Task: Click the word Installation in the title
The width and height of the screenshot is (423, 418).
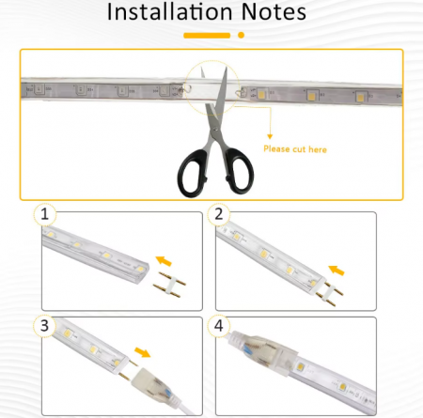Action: tap(169, 12)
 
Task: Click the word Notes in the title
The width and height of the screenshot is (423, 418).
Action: tap(274, 12)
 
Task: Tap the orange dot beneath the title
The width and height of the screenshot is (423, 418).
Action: tap(241, 35)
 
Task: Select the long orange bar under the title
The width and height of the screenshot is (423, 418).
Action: tap(207, 36)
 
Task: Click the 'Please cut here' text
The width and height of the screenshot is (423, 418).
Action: tap(295, 149)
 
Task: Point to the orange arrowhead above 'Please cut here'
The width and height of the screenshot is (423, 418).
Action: tap(270, 136)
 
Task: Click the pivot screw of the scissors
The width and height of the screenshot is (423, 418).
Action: tap(214, 128)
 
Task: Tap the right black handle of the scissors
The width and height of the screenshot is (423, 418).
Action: tap(239, 170)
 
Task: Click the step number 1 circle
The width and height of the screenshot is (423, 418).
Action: tap(45, 214)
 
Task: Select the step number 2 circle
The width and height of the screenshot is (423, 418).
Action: tap(219, 214)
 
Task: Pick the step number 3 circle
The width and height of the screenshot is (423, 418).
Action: tap(45, 326)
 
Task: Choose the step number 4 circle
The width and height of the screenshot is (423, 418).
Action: tap(219, 326)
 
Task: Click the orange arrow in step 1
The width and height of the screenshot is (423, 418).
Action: tap(164, 261)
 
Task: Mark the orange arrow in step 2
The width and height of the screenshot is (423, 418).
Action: tap(337, 271)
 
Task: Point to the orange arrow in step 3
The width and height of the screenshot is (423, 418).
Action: tap(143, 352)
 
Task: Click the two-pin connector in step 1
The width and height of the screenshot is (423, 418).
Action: tap(169, 285)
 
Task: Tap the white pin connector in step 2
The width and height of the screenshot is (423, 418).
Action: tap(330, 294)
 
